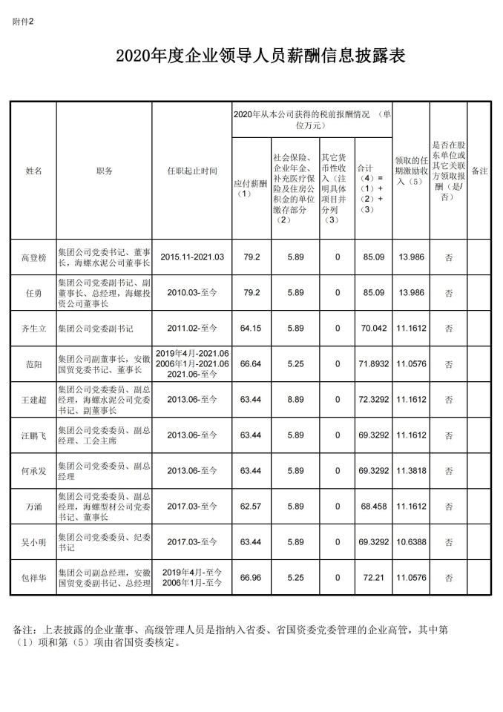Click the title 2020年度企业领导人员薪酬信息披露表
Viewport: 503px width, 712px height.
click(x=251, y=56)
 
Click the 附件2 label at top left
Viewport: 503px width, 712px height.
click(x=23, y=22)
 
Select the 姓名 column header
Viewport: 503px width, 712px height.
click(x=33, y=171)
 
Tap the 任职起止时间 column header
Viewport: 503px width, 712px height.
click(x=192, y=171)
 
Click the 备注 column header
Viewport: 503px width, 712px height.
click(x=480, y=171)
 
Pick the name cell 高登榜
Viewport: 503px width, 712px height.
click(x=33, y=258)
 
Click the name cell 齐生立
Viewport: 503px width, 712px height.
click(x=33, y=328)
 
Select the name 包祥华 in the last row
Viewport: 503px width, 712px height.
click(x=33, y=577)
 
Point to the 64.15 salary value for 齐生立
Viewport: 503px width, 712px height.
click(x=251, y=327)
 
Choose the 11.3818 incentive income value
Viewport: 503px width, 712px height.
click(x=411, y=470)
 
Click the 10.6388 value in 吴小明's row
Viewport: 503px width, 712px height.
click(x=411, y=541)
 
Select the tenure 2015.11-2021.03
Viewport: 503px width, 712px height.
click(x=192, y=257)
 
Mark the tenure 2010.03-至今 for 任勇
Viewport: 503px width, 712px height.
click(x=192, y=293)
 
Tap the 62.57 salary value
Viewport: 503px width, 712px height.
click(x=251, y=506)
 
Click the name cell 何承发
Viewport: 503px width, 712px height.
click(x=33, y=471)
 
